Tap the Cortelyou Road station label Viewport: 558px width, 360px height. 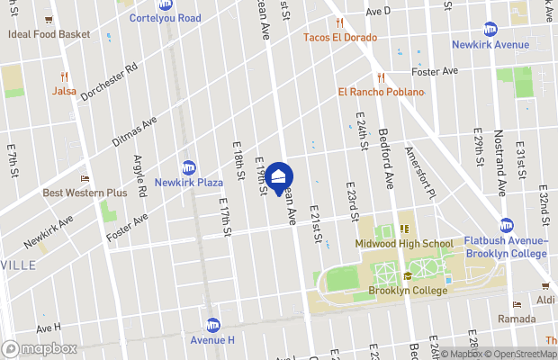pos(165,18)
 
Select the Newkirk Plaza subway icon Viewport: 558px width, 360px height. pos(189,167)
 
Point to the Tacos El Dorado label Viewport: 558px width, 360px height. pos(339,38)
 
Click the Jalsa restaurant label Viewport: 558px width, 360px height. pos(64,91)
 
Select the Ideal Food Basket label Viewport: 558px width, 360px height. pos(49,34)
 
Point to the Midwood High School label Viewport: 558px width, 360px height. pos(404,244)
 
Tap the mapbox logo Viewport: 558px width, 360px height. pos(40,348)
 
